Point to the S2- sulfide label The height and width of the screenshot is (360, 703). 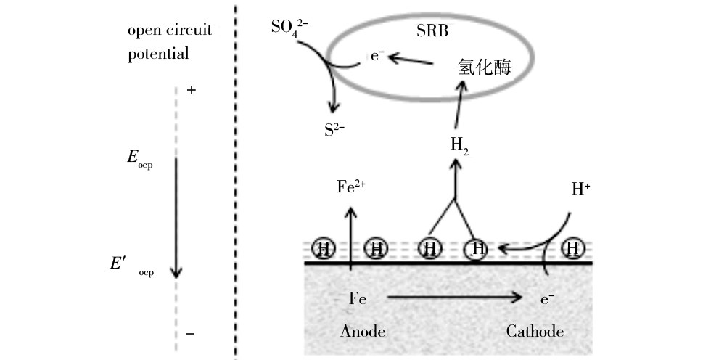click(334, 131)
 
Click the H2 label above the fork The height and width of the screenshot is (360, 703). click(459, 144)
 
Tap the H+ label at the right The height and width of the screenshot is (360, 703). click(581, 190)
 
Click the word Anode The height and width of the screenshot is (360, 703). click(362, 332)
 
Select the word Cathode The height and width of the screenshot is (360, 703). click(535, 332)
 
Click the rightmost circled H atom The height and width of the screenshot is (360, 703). click(574, 249)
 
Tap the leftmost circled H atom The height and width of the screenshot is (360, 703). click(324, 249)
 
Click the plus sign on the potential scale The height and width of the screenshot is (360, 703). click(191, 91)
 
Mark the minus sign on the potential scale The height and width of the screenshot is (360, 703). click(190, 334)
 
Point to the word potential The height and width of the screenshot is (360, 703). click(158, 54)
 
